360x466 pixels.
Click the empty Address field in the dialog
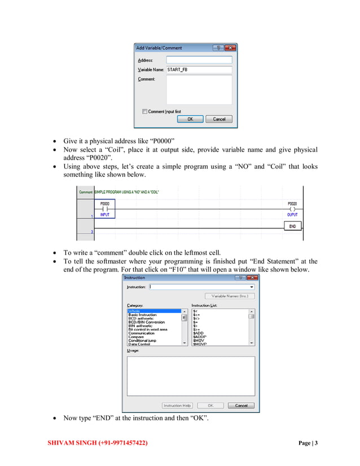[x=199, y=59]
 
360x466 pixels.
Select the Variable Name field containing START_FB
[x=199, y=69]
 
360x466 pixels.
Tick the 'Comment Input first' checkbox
[x=145, y=112]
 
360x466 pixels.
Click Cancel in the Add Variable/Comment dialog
[x=218, y=119]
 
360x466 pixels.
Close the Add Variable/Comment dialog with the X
[x=230, y=48]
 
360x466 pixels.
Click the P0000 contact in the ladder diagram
[x=105, y=208]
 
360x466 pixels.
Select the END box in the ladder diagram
[x=292, y=226]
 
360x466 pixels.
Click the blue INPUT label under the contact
[x=105, y=215]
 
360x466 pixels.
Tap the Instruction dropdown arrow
[x=251, y=287]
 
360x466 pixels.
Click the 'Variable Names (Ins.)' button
[x=229, y=296]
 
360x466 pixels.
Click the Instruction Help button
[x=177, y=405]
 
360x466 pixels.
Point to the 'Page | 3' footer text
[x=308, y=443]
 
